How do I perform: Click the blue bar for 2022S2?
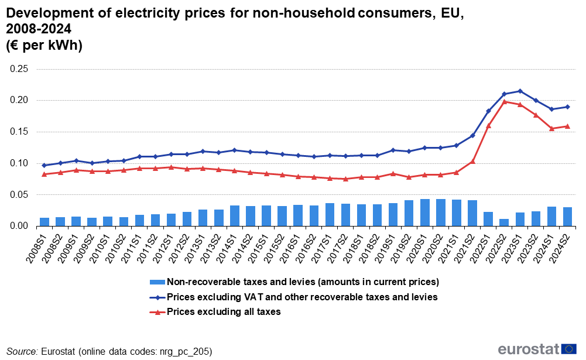(504, 222)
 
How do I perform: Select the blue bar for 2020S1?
(425, 212)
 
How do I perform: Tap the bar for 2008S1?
(44, 222)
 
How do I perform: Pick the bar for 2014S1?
(235, 215)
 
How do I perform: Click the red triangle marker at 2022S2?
(504, 102)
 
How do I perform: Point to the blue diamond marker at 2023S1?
(520, 91)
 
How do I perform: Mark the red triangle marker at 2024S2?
(567, 126)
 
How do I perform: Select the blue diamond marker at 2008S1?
(44, 165)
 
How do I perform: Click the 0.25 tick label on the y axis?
(19, 69)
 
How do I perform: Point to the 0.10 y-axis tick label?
(19, 163)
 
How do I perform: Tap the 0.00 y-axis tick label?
(19, 226)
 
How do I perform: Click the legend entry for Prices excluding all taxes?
(224, 312)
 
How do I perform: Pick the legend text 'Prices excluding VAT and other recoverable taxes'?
(302, 297)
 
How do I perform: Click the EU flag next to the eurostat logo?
(568, 349)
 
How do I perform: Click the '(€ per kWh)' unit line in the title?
(44, 45)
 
